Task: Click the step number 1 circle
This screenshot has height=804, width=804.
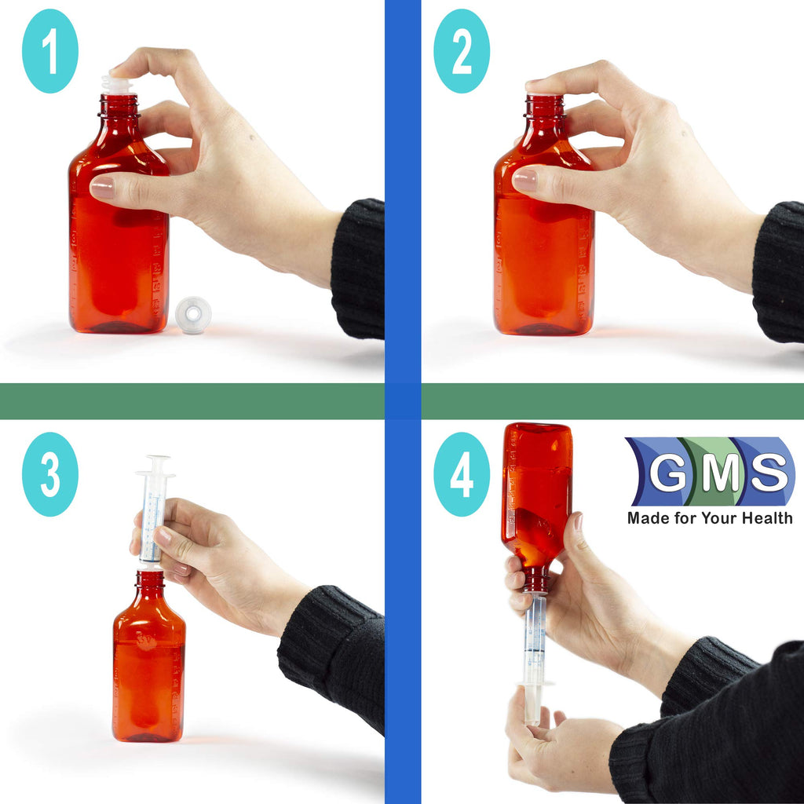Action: click(x=49, y=51)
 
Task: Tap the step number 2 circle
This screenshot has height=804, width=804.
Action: click(x=462, y=51)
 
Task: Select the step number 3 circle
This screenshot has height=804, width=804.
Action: click(x=49, y=474)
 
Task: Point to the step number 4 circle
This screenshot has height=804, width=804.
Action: click(x=462, y=474)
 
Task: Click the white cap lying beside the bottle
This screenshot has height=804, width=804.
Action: click(x=193, y=315)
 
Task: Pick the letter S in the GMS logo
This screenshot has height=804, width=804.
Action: click(x=766, y=473)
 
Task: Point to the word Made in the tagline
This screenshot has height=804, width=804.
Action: click(x=645, y=518)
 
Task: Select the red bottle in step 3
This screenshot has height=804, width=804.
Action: click(x=148, y=667)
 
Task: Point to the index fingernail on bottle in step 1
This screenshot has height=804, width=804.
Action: click(x=102, y=187)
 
